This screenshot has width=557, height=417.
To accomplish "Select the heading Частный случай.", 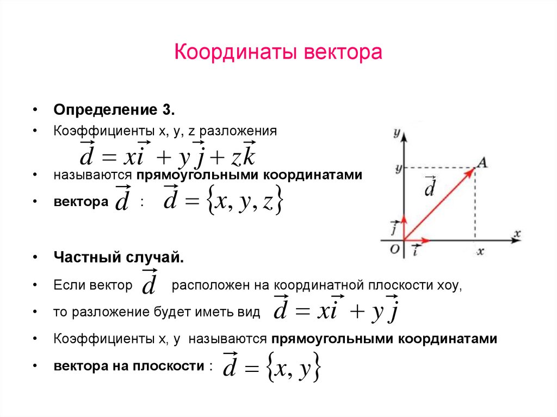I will (x=119, y=258).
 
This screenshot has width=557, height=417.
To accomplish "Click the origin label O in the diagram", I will (x=395, y=249).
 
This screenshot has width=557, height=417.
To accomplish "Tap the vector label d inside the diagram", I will (x=430, y=188).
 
